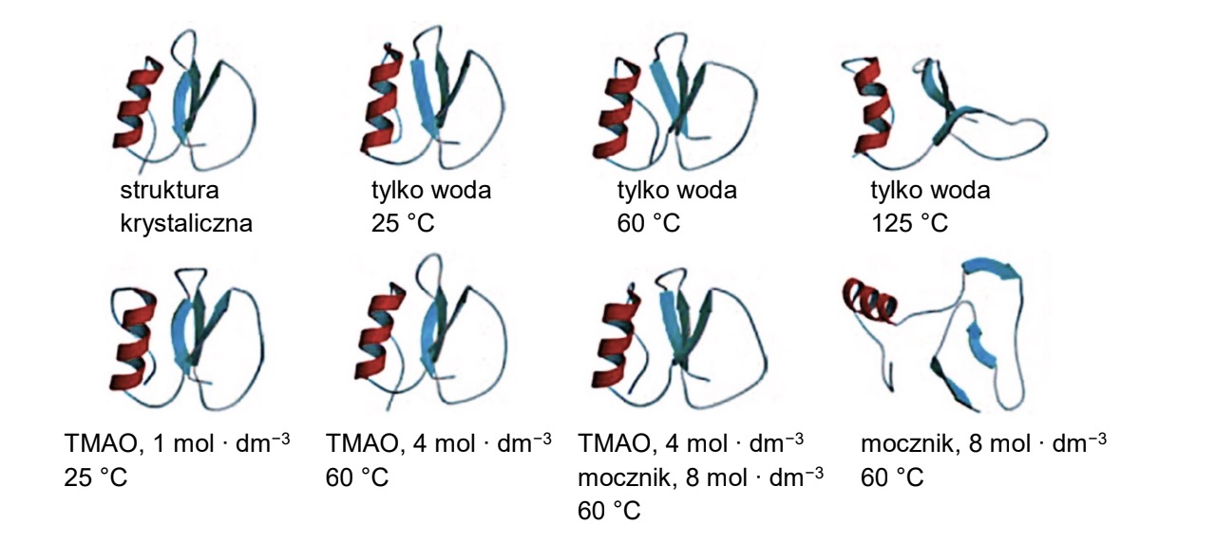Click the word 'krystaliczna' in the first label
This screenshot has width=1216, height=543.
tap(186, 223)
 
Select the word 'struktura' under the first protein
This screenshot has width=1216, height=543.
tap(169, 191)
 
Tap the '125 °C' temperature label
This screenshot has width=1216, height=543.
tap(910, 223)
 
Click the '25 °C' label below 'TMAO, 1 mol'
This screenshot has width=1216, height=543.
tap(96, 477)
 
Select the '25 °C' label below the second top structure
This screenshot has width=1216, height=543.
tap(403, 223)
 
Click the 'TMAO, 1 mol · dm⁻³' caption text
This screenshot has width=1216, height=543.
tap(177, 442)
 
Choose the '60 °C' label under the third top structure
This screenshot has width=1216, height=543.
tap(648, 223)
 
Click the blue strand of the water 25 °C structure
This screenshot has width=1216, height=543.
tap(424, 98)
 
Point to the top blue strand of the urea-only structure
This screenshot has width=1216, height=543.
tap(989, 270)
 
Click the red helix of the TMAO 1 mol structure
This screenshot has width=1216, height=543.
tap(134, 339)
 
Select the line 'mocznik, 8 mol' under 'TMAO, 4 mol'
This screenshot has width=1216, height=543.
tap(700, 477)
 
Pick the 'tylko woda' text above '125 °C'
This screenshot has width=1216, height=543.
tap(930, 191)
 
